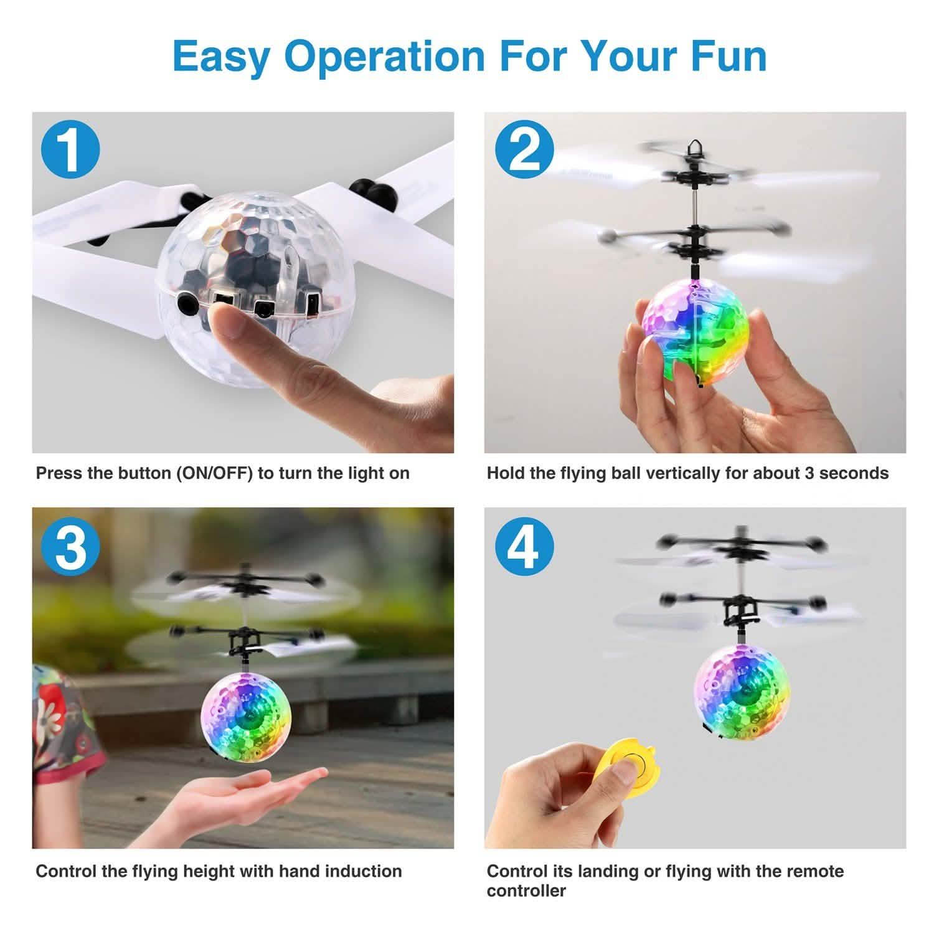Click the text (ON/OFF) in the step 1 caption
(x=215, y=473)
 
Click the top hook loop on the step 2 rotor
(x=692, y=148)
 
